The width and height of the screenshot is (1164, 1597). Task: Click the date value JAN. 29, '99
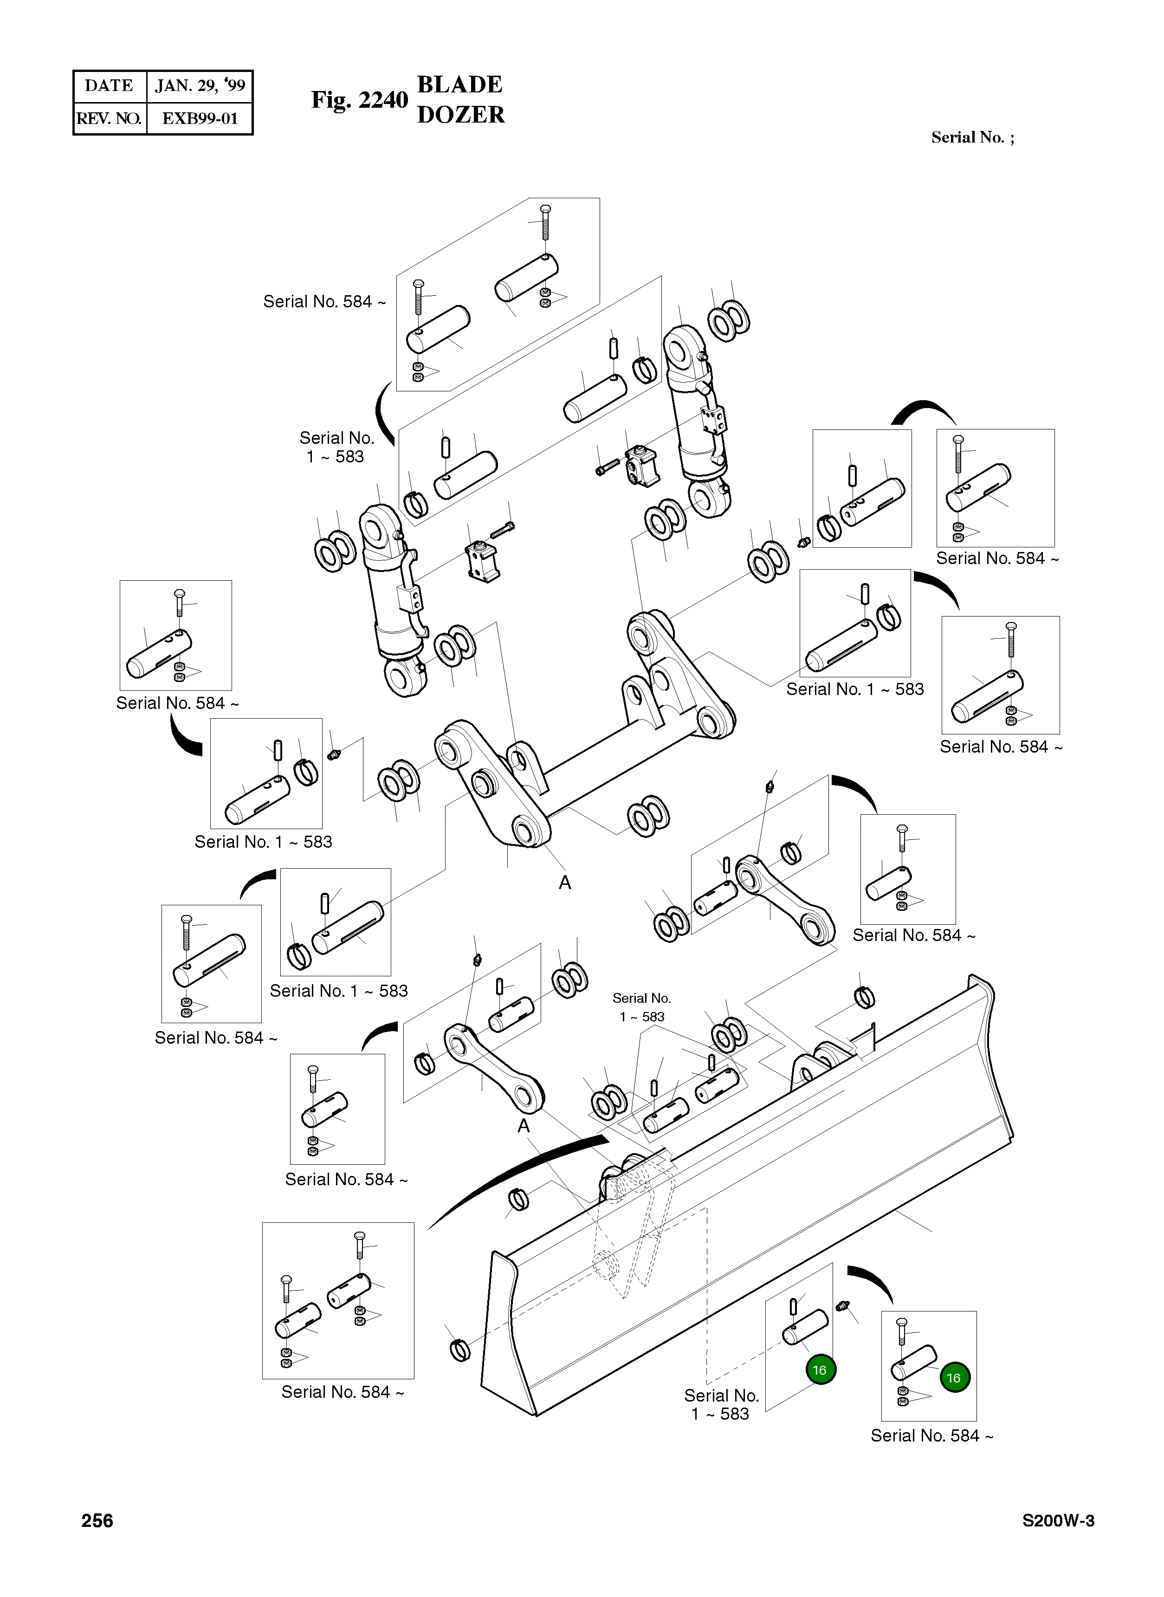[200, 86]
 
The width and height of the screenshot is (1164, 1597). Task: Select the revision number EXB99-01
[200, 118]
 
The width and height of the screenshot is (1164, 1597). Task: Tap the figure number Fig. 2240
[359, 100]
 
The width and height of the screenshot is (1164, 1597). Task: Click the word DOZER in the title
[461, 115]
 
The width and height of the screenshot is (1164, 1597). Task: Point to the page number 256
[97, 1521]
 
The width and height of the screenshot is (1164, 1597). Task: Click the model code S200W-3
[1058, 1521]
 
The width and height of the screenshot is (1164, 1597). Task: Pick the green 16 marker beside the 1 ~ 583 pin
[820, 1370]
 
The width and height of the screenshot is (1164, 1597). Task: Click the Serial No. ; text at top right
[972, 137]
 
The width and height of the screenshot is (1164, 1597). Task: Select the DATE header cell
[109, 86]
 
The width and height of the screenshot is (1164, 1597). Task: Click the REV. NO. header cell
[109, 118]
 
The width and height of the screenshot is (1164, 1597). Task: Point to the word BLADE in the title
[459, 84]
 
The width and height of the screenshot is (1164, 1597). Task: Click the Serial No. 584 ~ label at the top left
[324, 302]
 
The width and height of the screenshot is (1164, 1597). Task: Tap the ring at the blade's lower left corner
[459, 1350]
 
